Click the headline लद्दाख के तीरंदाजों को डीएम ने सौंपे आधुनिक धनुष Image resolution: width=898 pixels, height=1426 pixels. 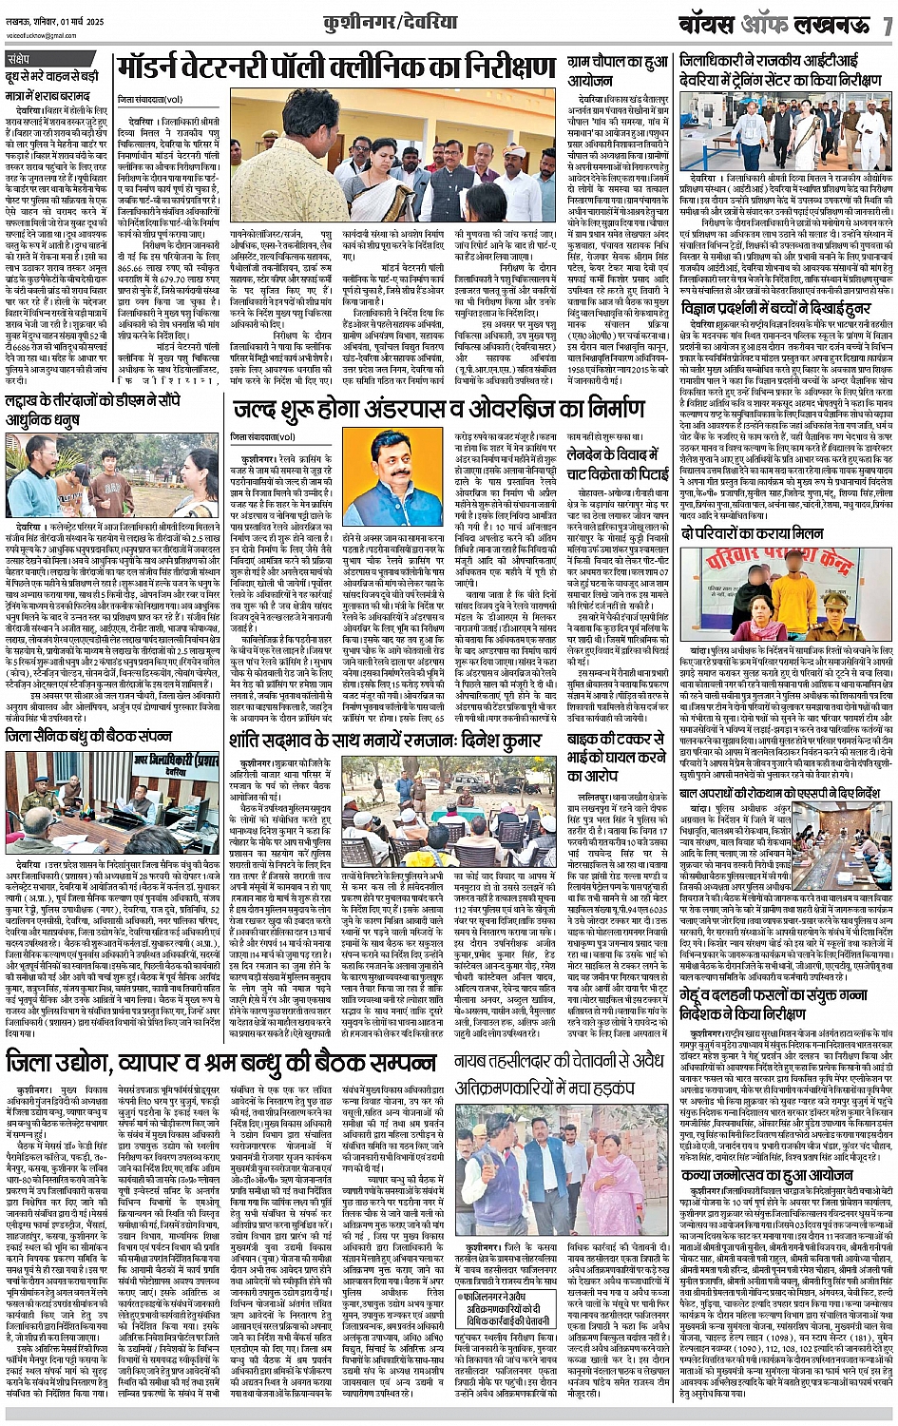110,410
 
